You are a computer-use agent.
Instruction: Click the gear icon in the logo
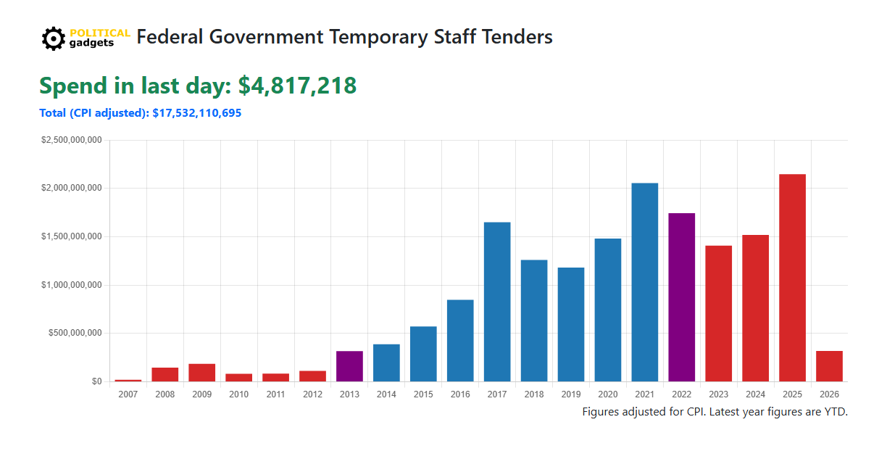(x=53, y=38)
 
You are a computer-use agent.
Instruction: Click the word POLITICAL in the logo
(x=100, y=33)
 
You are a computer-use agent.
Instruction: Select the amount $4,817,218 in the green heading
(x=297, y=86)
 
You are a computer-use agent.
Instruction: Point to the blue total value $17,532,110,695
(x=196, y=113)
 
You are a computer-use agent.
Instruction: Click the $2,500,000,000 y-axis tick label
(x=71, y=140)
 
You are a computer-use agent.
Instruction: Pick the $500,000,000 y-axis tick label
(x=75, y=334)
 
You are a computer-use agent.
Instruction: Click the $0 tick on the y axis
(x=96, y=381)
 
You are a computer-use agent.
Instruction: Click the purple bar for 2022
(x=681, y=297)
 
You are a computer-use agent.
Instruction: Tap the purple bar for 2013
(x=349, y=366)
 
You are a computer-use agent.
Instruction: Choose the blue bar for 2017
(x=497, y=302)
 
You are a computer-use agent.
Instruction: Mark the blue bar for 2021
(x=644, y=282)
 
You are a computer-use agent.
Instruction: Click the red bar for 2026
(x=829, y=366)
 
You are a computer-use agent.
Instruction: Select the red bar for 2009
(x=202, y=373)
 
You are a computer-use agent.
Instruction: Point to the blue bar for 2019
(x=571, y=324)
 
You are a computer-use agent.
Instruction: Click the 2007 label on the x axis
(x=128, y=394)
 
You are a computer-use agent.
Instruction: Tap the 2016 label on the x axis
(x=460, y=394)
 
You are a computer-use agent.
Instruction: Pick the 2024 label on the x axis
(x=755, y=394)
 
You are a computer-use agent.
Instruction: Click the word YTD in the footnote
(x=833, y=412)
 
